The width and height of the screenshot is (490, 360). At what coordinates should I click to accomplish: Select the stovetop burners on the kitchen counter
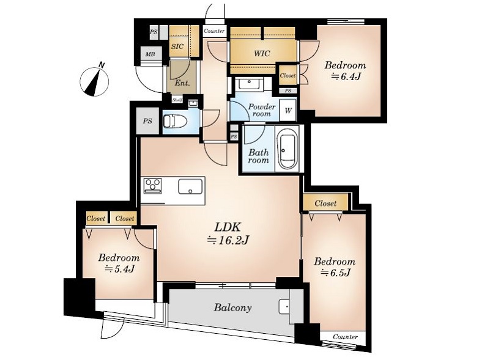[x=153, y=185]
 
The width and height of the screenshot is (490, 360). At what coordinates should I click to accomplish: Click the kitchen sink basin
[x=190, y=186]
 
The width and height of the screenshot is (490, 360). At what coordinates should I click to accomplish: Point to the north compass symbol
[x=94, y=80]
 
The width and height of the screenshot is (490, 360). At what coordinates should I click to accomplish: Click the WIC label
[x=262, y=53]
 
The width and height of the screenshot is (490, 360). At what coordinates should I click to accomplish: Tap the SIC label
[x=177, y=46]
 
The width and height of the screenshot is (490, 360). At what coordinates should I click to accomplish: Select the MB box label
[x=150, y=54]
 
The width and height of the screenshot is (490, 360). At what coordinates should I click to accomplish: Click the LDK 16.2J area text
[x=228, y=233]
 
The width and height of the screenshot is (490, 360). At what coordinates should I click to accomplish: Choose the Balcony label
[x=233, y=308]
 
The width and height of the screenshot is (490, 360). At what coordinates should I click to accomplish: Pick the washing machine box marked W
[x=288, y=110]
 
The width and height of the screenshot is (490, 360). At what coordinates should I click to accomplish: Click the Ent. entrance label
[x=182, y=83]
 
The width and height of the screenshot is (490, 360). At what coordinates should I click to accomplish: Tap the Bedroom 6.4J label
[x=345, y=70]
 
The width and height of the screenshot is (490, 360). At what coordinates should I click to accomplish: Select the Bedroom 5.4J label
[x=119, y=263]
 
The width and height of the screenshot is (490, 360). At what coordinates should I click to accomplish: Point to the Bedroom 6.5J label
[x=335, y=266]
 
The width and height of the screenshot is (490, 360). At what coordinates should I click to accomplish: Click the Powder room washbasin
[x=250, y=84]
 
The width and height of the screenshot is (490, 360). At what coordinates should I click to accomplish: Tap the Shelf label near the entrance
[x=177, y=100]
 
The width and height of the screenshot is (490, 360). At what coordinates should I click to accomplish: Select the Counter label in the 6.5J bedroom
[x=345, y=337]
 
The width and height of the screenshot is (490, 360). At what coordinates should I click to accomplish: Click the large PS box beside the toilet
[x=148, y=121]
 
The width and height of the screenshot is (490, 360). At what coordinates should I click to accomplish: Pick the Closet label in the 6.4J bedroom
[x=288, y=76]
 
